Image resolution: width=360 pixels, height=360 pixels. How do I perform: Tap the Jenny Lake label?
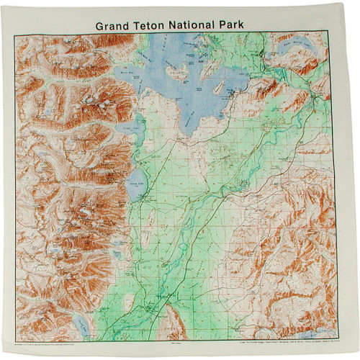click(x=136, y=185)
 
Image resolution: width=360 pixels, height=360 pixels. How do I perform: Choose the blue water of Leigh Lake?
click(x=138, y=137)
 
